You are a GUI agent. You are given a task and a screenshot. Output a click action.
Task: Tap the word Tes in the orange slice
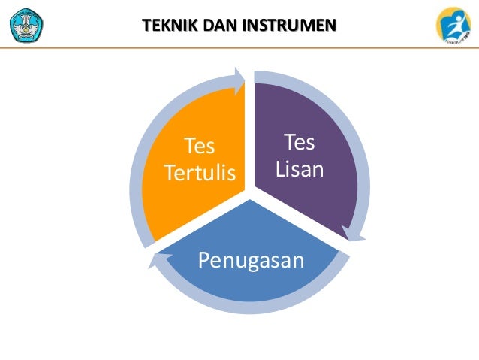point(200,145)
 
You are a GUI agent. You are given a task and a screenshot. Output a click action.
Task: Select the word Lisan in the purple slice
point(300,170)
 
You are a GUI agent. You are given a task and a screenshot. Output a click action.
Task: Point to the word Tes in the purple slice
point(300,143)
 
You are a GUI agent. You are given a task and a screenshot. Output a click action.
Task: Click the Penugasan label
point(251,260)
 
